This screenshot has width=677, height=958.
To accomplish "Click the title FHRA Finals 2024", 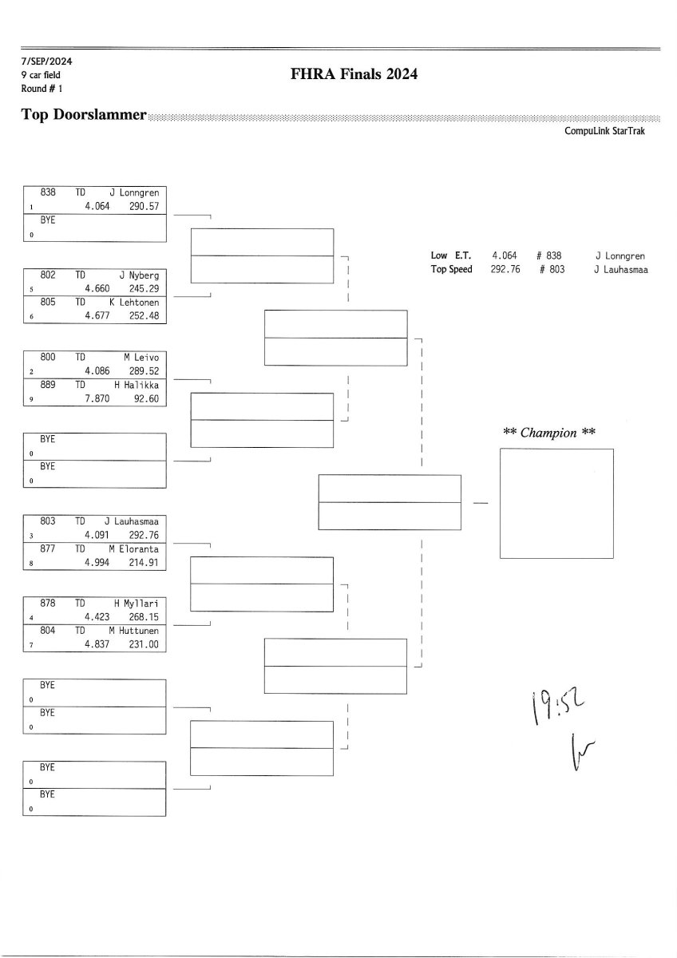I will pos(355,75).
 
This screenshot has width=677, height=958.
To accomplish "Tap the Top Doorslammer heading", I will pos(84,115).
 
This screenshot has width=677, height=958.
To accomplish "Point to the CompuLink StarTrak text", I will pos(604,131).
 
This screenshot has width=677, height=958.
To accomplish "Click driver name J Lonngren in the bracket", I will pos(134,192).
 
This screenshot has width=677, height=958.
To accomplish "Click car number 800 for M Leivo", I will pos(48,358).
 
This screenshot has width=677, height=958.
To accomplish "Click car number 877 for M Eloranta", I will pos(48,549).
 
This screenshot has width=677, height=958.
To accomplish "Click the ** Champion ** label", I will pos(550,433).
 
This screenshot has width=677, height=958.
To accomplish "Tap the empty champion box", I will pos(556,503).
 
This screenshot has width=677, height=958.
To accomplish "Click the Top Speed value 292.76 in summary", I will pos(505,270).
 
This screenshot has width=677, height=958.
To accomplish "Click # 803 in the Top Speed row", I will pos(551,270).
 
